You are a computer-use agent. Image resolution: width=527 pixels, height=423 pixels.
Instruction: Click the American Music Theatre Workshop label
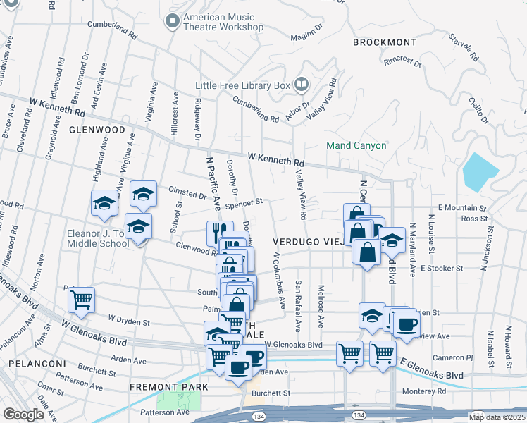pyautogui.click(x=223, y=23)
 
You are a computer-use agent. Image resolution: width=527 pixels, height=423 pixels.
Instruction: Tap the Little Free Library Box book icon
pyautogui.click(x=301, y=85)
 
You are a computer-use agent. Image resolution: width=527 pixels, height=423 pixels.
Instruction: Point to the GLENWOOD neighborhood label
pyautogui.click(x=97, y=130)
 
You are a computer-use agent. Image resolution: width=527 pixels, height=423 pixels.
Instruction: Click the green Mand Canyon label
pyautogui.click(x=356, y=145)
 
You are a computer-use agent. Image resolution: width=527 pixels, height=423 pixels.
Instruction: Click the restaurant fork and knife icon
pyautogui.click(x=219, y=232)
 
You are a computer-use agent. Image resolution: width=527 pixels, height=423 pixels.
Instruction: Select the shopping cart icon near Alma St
pyautogui.click(x=81, y=300)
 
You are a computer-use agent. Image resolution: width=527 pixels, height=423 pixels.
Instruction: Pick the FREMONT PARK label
pyautogui.click(x=169, y=387)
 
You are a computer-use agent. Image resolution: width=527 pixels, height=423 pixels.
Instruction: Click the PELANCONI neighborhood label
pyautogui.click(x=37, y=364)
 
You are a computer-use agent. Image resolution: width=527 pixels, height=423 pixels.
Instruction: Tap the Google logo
pyautogui.click(x=23, y=415)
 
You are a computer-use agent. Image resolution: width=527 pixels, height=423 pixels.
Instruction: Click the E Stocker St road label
pyautogui.click(x=441, y=268)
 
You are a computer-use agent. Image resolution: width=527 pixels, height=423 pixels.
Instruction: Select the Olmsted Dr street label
pyautogui.click(x=187, y=190)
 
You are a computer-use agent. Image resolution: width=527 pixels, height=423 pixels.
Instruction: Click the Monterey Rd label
pyautogui.click(x=423, y=391)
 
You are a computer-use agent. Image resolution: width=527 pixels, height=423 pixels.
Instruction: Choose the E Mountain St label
pyautogui.click(x=462, y=208)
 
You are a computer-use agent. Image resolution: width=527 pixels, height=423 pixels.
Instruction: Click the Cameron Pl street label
pyautogui.click(x=453, y=357)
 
